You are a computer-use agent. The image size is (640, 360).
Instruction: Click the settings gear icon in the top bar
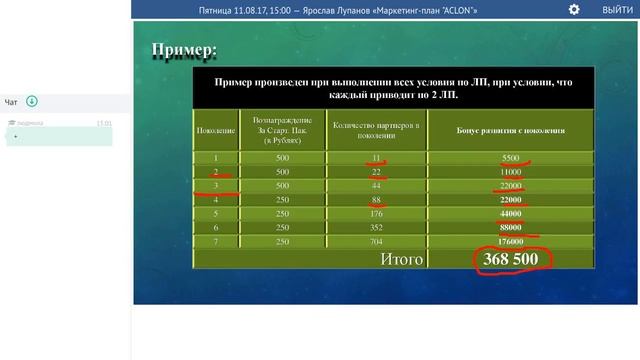pyautogui.click(x=574, y=9)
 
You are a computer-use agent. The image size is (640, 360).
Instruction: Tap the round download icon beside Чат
pyautogui.click(x=32, y=101)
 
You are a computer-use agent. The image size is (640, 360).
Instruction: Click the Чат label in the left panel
pyautogui.click(x=11, y=102)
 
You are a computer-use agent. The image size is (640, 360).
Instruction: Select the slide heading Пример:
pyautogui.click(x=183, y=50)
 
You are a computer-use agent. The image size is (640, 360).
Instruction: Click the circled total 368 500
pyautogui.click(x=511, y=259)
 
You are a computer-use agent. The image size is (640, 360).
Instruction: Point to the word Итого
pyautogui.click(x=402, y=259)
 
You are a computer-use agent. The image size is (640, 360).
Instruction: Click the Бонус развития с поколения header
pyautogui.click(x=511, y=131)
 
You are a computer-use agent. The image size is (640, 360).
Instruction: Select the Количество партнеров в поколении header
pyautogui.click(x=376, y=131)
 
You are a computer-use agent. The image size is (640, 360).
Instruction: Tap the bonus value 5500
pyautogui.click(x=511, y=158)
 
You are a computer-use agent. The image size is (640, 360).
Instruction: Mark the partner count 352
pyautogui.click(x=376, y=227)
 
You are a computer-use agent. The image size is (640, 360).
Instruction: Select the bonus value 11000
pyautogui.click(x=511, y=172)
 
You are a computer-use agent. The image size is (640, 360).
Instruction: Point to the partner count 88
pyautogui.click(x=376, y=199)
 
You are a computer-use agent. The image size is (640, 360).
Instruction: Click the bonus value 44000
pyautogui.click(x=511, y=213)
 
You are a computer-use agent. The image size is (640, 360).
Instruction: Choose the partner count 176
pyautogui.click(x=376, y=213)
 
